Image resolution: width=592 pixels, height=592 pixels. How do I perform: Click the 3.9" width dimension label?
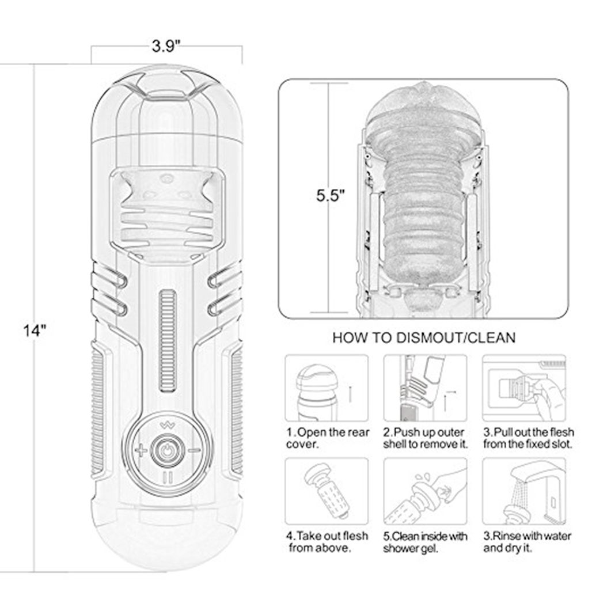point(166,46)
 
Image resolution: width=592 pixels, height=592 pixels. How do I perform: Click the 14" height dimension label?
point(35,331)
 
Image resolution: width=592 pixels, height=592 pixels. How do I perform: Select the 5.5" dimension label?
point(331,196)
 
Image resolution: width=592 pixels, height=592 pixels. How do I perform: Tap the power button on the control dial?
point(167,450)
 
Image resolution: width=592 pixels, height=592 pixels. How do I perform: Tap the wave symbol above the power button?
point(167,426)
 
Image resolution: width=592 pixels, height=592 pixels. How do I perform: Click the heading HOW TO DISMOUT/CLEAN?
point(424,337)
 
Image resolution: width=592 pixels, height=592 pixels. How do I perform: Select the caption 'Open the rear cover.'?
point(327,438)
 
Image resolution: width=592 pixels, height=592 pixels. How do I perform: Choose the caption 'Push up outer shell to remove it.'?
point(425,438)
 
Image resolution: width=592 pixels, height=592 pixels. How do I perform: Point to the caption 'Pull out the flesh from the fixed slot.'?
point(528,438)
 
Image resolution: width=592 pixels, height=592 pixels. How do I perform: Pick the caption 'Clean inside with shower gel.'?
point(425,542)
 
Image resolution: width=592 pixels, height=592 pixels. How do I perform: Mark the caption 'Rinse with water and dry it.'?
point(527,542)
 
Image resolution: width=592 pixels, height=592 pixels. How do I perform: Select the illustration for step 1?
point(327,388)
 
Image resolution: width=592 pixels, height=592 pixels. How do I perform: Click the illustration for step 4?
point(327,491)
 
